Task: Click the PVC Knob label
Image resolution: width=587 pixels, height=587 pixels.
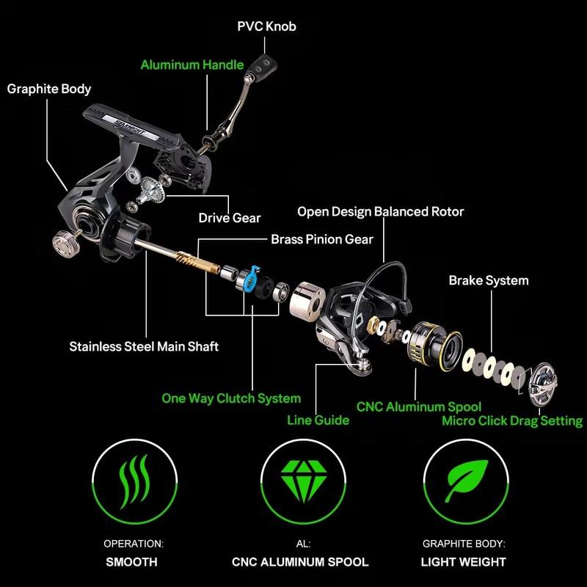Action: coord(266,26)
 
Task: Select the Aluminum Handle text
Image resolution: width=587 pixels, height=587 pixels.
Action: coord(192,65)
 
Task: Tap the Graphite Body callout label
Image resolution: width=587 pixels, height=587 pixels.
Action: coord(49,89)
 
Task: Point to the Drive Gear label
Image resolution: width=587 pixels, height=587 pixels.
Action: coord(230,218)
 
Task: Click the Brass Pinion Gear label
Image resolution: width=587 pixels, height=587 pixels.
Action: coord(322,239)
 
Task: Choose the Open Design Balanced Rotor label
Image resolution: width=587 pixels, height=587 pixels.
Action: coord(380,211)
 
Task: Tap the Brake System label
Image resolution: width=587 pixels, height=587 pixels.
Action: coord(488,280)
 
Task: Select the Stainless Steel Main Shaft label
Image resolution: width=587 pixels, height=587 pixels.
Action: coord(144,346)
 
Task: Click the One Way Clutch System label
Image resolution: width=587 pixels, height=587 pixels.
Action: coord(231,398)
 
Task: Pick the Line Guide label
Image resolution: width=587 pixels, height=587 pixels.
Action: coord(318,420)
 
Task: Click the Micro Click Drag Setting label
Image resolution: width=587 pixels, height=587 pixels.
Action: coord(511,421)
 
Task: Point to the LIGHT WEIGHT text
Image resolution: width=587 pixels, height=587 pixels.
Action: coord(464,562)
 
